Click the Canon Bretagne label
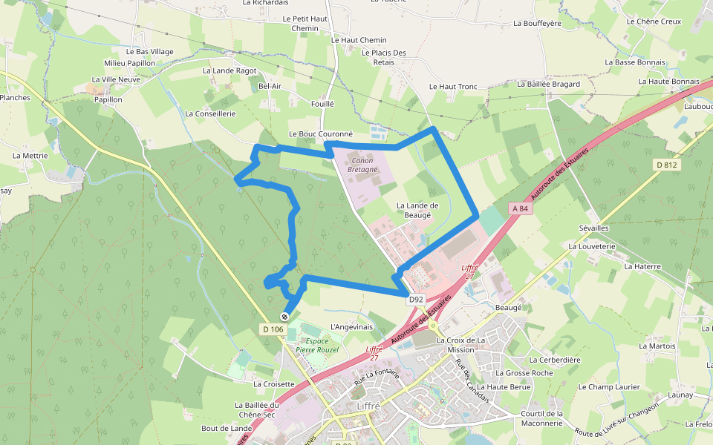click(362, 165)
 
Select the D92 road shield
click(415, 300)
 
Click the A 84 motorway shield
click(520, 209)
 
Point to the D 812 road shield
click(668, 165)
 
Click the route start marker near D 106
click(284, 317)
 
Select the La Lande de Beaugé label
click(417, 210)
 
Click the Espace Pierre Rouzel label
click(317, 345)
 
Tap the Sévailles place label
click(593, 228)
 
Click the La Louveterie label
click(592, 245)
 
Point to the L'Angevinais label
click(351, 326)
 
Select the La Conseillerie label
click(210, 114)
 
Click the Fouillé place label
click(322, 105)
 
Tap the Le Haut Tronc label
click(453, 87)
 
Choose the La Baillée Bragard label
click(548, 85)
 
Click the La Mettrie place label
click(30, 156)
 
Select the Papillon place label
click(108, 99)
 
